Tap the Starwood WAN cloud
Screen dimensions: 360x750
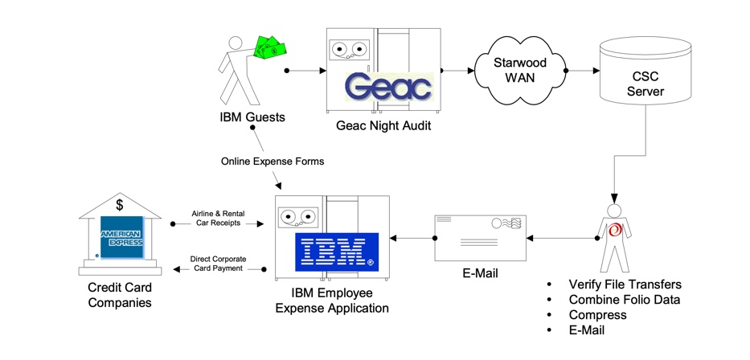[x=518, y=71]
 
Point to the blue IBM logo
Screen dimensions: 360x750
[x=337, y=251]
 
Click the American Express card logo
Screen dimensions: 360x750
[x=121, y=236]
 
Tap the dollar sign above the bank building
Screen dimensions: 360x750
[x=119, y=204]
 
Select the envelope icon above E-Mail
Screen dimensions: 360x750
[x=480, y=238]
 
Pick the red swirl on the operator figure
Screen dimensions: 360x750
[x=616, y=230]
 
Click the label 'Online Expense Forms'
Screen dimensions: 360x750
[x=273, y=162]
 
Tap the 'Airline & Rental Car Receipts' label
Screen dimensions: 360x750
[x=218, y=218]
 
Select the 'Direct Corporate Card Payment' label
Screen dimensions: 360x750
[x=218, y=264]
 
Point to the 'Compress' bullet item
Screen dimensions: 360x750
[x=597, y=314]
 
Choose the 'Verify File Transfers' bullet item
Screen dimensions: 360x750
[x=625, y=284]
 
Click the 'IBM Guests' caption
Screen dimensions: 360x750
[x=252, y=118]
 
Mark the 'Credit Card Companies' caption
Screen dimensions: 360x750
[x=120, y=295]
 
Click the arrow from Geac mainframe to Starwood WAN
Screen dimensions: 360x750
[x=458, y=71]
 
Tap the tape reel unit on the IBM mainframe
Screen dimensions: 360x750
[x=298, y=217]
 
